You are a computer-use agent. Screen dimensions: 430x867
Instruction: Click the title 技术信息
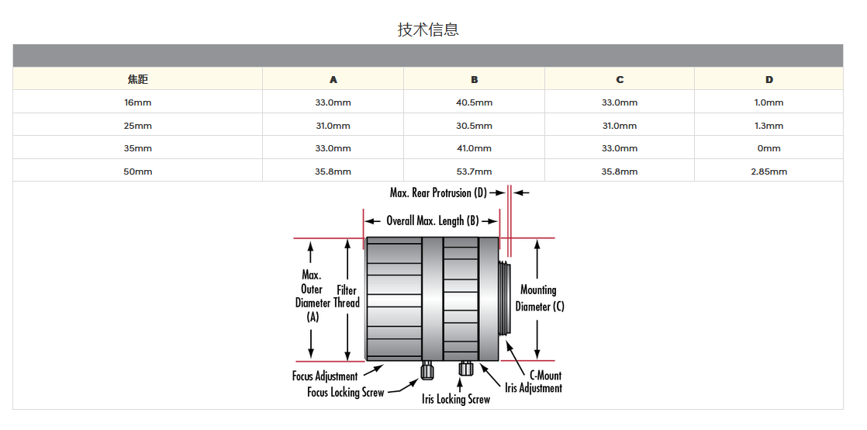coord(428,29)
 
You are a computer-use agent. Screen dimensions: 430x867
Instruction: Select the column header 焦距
coord(137,79)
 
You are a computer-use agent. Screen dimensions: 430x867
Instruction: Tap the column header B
coord(474,79)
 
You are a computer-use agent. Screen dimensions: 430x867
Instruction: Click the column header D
coord(769,79)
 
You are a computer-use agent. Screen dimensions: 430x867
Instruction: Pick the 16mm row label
coord(137,102)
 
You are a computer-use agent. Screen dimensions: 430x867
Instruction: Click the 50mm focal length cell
coord(137,172)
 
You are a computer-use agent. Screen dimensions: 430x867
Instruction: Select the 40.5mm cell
coord(474,102)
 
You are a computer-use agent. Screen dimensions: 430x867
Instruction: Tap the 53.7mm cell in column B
coord(474,172)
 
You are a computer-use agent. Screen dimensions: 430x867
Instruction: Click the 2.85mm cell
coord(769,172)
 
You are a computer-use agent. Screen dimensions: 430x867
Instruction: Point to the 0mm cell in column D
coord(769,148)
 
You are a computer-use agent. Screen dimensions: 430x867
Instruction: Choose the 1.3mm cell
coord(769,126)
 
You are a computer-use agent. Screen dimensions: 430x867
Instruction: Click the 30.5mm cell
coord(474,126)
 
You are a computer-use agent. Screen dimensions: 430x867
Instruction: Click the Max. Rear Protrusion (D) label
coord(438,192)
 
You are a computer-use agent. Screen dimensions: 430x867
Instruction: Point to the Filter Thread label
coord(347,296)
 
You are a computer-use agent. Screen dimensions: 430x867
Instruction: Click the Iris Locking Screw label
coord(456,399)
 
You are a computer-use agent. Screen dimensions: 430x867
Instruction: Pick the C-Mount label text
coord(541,376)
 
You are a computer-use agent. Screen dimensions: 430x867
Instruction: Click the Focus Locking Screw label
coord(345,393)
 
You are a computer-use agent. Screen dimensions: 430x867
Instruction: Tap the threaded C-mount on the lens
coord(506,299)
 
